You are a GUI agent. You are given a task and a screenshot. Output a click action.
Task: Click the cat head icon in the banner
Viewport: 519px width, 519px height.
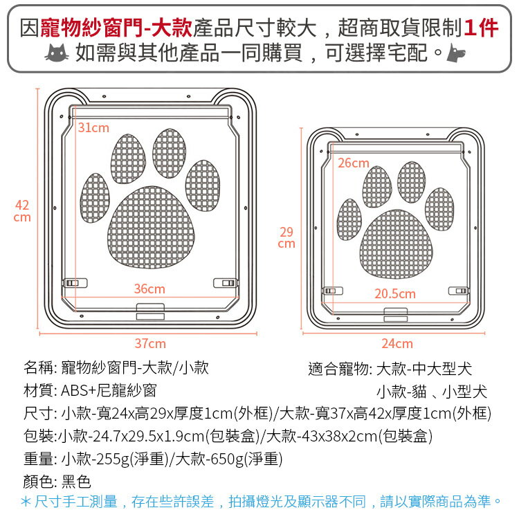tap(57, 53)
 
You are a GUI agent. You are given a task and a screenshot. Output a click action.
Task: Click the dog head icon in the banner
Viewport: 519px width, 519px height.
tap(456, 53)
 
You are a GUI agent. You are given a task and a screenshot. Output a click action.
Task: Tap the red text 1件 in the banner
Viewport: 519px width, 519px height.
tap(481, 28)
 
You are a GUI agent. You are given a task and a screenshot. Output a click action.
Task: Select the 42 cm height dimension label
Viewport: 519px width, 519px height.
tap(22, 211)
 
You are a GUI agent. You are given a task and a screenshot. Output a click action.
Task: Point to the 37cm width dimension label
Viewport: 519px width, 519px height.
tap(150, 343)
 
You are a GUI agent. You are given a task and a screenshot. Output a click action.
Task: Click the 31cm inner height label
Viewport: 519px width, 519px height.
tap(93, 127)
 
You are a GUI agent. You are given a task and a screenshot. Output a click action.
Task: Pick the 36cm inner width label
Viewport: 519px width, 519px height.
tap(149, 289)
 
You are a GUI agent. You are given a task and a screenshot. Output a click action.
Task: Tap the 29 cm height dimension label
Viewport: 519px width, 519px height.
tap(286, 237)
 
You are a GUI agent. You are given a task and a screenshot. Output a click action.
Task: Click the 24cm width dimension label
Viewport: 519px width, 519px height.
tap(397, 343)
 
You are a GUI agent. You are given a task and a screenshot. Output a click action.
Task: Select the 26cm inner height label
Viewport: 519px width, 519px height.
tap(353, 163)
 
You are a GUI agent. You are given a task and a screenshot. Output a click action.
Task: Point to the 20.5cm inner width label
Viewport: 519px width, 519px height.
tap(395, 293)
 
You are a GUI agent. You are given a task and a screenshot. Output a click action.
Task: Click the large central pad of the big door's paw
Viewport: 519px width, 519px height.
tap(151, 227)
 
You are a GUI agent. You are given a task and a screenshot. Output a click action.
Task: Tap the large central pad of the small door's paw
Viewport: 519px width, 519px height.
tap(397, 244)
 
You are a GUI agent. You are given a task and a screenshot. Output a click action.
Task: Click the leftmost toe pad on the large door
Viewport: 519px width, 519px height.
tap(95, 198)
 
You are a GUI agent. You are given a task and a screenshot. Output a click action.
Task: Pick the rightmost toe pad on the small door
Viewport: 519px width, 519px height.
tap(439, 210)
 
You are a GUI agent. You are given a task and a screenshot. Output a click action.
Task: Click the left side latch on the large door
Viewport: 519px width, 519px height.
tap(75, 283)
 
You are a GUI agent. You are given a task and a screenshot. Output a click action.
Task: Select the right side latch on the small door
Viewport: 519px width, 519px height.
tap(458, 291)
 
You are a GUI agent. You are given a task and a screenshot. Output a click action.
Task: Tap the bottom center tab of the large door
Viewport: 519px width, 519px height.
tap(150, 312)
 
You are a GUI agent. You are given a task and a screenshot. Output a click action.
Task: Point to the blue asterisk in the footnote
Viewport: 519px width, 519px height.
tap(26, 502)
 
